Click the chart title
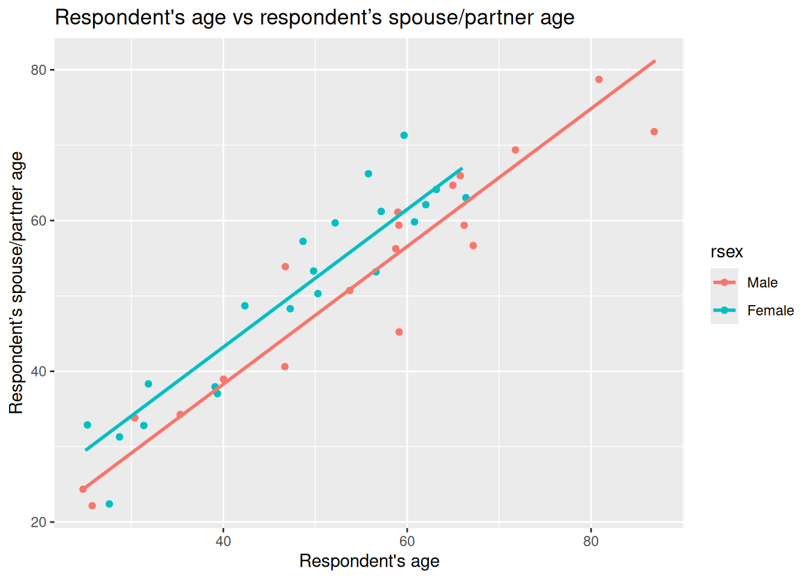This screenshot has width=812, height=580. coord(314,18)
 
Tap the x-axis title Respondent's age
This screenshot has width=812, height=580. coord(369,561)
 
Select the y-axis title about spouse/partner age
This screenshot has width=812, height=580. coord(16,283)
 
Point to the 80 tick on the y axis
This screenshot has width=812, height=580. coord(39,70)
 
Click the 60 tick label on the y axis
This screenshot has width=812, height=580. coord(39,221)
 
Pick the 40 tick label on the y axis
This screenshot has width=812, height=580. coord(39,372)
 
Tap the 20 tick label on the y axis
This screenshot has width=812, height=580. coord(39,522)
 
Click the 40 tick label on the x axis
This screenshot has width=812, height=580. coord(224,541)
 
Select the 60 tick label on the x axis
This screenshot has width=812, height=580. coord(407,541)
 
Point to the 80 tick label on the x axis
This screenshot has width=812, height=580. coord(591,541)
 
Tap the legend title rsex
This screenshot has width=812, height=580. coord(726,252)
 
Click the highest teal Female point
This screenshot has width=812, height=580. coord(404,135)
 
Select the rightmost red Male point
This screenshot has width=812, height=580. coord(654,132)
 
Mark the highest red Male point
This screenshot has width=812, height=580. coord(599,80)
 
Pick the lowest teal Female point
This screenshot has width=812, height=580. coord(109,504)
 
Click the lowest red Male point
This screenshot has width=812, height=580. coord(92,506)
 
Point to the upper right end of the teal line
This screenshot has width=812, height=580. coord(462,169)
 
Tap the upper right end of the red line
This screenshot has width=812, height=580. coord(655,61)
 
